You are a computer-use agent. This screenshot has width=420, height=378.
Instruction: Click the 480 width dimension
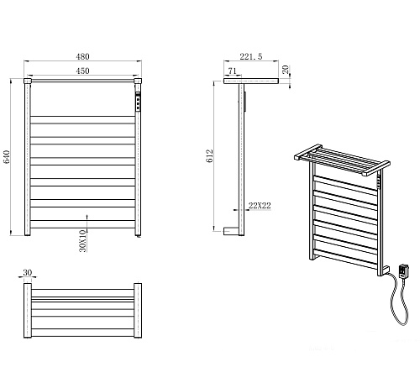(82, 56)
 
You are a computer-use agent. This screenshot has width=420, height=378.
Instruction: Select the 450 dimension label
(82, 71)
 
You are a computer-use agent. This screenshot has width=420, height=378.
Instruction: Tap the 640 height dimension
(7, 157)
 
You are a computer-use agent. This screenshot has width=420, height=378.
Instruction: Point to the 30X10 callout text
(83, 241)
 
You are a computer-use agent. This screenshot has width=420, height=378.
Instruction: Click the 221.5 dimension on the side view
(251, 56)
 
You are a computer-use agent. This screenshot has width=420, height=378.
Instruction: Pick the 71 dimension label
(232, 71)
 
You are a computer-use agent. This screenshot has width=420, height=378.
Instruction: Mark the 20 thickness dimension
(286, 70)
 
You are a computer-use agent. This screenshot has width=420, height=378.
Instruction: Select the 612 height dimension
(209, 156)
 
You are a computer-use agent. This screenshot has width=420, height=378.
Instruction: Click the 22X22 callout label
(260, 206)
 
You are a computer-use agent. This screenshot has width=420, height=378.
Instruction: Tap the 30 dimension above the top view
(28, 272)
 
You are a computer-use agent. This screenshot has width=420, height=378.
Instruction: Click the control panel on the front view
(138, 101)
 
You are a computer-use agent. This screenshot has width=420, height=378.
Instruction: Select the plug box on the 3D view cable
(403, 271)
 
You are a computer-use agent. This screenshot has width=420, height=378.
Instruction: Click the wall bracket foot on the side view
(231, 231)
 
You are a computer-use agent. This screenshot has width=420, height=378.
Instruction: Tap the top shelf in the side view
(251, 81)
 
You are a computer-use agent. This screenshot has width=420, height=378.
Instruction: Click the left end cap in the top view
(28, 311)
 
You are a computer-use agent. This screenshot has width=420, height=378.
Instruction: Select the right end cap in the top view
(138, 311)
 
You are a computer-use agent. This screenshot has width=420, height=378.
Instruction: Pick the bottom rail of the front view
(82, 224)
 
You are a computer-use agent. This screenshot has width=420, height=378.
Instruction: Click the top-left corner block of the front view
(28, 81)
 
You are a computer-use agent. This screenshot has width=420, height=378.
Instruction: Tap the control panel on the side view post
(245, 102)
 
